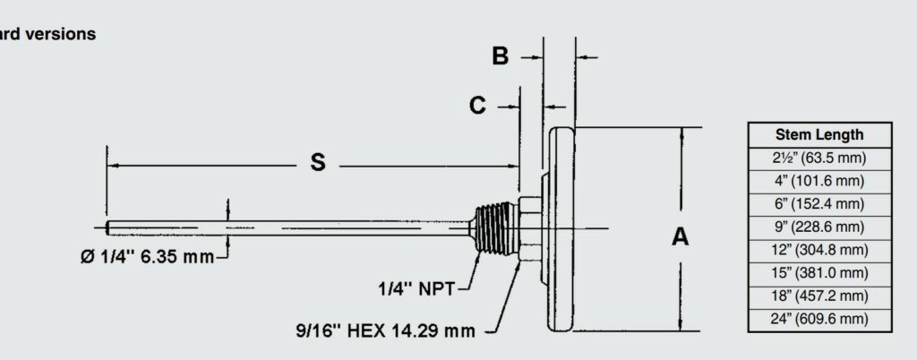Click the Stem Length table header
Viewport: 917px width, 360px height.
818,135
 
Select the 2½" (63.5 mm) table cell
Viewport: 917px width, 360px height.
818,159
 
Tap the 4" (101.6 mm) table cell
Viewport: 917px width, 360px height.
818,181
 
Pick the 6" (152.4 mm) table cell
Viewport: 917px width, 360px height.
818,204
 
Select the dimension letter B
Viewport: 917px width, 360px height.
501,56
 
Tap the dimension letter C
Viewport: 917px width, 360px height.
478,106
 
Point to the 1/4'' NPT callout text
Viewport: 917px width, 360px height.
416,288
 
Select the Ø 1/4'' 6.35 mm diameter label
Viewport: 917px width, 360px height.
143,258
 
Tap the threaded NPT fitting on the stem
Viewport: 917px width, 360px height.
495,229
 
